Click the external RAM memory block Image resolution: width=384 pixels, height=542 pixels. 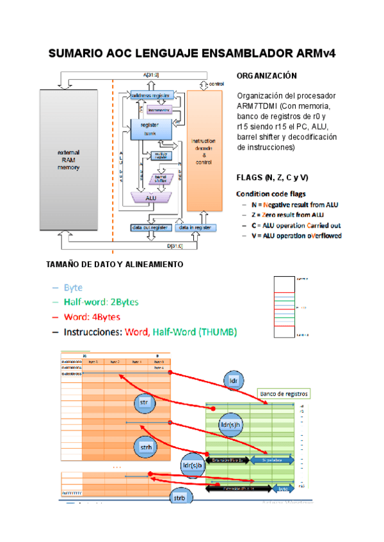67,159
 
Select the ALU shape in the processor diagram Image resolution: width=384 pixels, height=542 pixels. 151,198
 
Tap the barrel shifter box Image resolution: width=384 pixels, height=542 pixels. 161,180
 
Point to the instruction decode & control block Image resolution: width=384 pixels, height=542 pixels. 204,151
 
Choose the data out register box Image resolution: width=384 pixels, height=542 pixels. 150,227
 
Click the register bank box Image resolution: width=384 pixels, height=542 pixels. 150,128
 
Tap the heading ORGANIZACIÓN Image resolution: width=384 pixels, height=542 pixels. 266,76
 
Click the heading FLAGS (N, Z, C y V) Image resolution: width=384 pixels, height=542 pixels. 272,177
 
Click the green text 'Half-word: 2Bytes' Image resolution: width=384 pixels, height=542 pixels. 100,302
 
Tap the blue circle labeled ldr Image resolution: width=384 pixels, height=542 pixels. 234,382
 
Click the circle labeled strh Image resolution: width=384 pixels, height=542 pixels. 145,448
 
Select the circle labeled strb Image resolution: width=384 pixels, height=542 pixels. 180,498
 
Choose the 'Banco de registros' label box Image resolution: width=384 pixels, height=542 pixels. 284,394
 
